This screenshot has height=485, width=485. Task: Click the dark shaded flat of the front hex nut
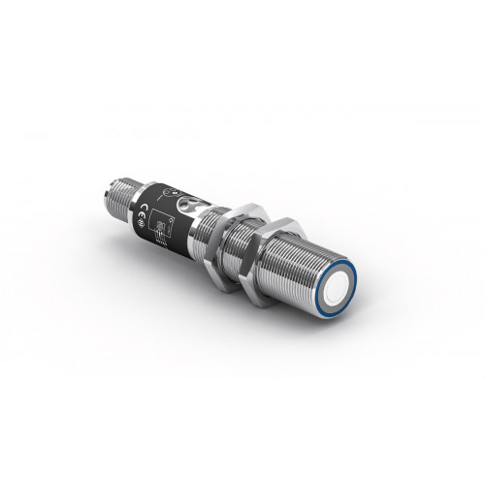(x=260, y=260)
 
